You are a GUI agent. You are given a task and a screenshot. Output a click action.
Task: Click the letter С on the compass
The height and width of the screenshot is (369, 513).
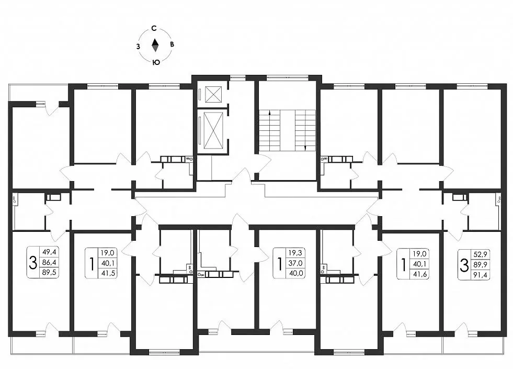click(154, 28)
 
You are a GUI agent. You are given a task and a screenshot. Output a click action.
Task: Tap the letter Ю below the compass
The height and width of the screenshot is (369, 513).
click(155, 62)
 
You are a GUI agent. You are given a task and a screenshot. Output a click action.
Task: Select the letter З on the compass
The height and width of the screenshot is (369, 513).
click(138, 46)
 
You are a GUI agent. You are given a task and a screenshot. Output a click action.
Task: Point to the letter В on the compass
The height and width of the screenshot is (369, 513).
click(172, 45)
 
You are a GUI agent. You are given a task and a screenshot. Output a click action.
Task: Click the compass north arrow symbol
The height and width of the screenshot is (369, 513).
click(155, 45)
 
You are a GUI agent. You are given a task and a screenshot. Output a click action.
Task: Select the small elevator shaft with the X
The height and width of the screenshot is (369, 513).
click(213, 95)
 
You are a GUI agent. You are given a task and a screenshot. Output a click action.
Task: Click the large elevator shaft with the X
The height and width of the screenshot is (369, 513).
click(213, 130)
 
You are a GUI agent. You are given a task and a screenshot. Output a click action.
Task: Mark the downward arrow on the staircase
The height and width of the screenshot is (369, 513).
click(305, 147)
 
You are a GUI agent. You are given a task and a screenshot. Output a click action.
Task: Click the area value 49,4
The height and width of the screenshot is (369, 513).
click(49, 252)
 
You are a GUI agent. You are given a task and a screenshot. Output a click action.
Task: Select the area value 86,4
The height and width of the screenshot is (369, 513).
click(49, 262)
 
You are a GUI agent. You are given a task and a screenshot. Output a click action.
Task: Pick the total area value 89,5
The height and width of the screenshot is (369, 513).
click(49, 272)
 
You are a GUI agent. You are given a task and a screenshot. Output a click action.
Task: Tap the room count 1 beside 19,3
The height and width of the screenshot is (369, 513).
click(280, 263)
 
